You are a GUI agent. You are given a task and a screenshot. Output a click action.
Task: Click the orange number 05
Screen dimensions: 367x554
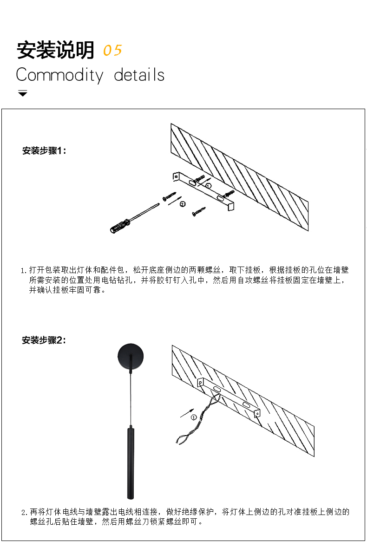[112, 50]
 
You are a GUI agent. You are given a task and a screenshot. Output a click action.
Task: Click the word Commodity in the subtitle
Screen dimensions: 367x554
[60, 75]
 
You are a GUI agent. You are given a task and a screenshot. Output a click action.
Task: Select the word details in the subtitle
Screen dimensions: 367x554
[139, 75]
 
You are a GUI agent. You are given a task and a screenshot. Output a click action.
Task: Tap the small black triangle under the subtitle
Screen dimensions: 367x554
[23, 93]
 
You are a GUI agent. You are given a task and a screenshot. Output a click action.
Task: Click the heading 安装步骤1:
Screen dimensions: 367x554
[44, 150]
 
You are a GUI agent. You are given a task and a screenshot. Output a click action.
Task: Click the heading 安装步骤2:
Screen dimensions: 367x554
[44, 340]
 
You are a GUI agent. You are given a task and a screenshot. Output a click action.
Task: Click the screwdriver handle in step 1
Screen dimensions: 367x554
[119, 226]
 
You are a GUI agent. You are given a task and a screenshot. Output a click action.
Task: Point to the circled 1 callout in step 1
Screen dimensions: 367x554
[209, 185]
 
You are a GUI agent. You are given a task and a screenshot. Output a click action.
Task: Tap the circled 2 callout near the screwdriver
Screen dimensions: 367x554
[183, 204]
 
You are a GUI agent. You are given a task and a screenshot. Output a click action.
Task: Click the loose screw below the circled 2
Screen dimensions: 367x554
[199, 211]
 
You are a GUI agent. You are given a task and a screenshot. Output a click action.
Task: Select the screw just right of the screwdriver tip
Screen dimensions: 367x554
[170, 196]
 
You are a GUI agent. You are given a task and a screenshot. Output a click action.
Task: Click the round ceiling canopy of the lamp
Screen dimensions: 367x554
[131, 356]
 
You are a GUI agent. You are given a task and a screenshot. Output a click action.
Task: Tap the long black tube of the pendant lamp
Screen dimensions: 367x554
[131, 463]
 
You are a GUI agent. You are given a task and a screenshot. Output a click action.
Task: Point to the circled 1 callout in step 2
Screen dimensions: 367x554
[194, 417]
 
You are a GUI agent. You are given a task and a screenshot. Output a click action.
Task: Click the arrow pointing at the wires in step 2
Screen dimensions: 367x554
[187, 413]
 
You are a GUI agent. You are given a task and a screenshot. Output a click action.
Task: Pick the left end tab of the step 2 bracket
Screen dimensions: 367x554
[201, 383]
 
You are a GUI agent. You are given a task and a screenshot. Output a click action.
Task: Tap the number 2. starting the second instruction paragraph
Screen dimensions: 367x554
[25, 512]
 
